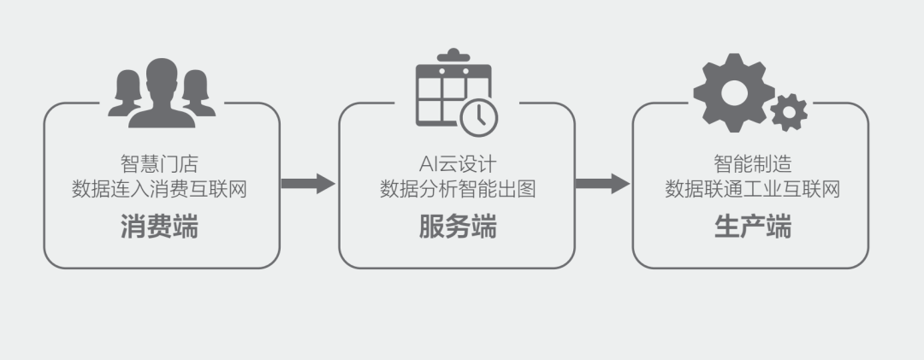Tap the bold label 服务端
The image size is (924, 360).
(x=458, y=227)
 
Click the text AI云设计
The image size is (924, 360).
(x=458, y=162)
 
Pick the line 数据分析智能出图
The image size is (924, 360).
(x=458, y=189)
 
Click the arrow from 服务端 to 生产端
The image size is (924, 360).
(x=602, y=183)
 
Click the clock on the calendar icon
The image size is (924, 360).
(x=479, y=115)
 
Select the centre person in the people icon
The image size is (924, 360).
(x=162, y=92)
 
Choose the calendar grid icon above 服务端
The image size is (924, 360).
(x=445, y=92)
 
